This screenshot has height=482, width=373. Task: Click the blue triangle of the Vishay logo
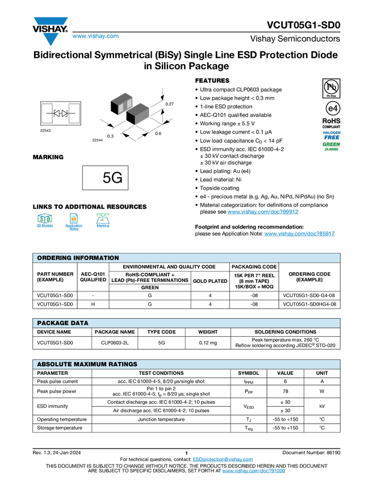click(51, 40)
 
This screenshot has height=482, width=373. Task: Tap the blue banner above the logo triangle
click(51, 21)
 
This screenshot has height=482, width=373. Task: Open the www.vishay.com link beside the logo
click(95, 36)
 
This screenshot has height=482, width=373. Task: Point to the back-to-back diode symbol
click(60, 113)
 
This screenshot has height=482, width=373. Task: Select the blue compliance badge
click(332, 134)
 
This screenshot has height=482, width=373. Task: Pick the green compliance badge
click(332, 146)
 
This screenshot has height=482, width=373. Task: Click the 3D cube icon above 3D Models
click(44, 218)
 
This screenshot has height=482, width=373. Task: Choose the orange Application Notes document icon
click(73, 218)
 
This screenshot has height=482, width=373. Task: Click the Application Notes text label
click(73, 227)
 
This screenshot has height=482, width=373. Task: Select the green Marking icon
click(103, 217)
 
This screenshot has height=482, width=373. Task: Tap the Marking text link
click(103, 226)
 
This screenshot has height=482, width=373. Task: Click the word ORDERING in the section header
click(55, 258)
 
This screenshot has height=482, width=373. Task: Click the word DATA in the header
click(80, 323)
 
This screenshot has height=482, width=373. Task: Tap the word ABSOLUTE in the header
click(55, 364)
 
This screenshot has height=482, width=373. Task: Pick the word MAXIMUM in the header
click(91, 364)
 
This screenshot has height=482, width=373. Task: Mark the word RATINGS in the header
click(123, 364)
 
